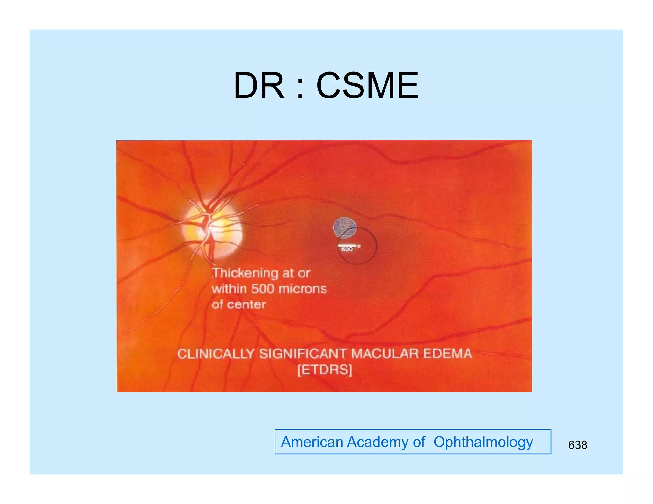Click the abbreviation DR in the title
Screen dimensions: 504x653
[259, 85]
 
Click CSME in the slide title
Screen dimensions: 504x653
[367, 85]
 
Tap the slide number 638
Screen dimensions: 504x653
[577, 445]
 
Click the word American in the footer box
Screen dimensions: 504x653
[312, 442]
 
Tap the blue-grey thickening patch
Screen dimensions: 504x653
[344, 227]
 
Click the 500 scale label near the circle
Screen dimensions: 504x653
[347, 249]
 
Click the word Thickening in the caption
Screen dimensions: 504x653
[245, 273]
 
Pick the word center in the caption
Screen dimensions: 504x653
[246, 305]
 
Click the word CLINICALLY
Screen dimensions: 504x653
[216, 354]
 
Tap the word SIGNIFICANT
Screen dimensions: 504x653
[303, 354]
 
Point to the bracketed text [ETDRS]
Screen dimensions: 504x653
[325, 370]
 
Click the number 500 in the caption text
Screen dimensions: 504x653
[262, 289]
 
